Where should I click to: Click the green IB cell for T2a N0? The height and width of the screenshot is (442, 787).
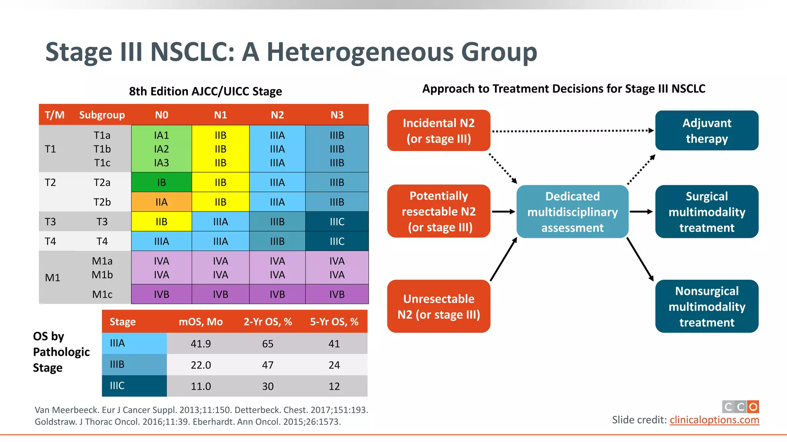(x=161, y=182)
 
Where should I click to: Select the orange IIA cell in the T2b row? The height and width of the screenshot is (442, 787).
(x=161, y=202)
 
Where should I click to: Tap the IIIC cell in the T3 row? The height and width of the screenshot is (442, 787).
(x=337, y=221)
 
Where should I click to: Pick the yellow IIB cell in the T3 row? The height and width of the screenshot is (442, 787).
(x=161, y=221)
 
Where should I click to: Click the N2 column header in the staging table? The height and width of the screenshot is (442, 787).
(x=277, y=115)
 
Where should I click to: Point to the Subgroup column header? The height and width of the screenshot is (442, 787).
(x=102, y=115)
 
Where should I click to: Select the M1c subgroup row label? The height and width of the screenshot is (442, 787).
(x=102, y=294)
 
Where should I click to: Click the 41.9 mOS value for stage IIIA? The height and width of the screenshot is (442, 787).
(x=201, y=343)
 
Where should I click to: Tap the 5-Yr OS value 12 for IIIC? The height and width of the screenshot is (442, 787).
(x=334, y=386)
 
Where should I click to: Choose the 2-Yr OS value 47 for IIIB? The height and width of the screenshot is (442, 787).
(x=267, y=365)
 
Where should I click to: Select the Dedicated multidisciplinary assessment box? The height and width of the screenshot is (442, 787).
(x=572, y=212)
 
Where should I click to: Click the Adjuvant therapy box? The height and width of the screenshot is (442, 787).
(x=706, y=130)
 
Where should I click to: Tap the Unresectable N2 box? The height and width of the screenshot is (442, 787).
(x=438, y=306)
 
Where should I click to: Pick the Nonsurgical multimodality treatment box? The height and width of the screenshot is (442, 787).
(x=706, y=306)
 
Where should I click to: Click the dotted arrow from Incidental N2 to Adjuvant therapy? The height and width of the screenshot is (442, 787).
(x=573, y=131)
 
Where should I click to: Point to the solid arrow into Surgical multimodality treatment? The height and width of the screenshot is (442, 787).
(x=641, y=211)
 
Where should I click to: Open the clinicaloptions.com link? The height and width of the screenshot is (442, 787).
(x=714, y=420)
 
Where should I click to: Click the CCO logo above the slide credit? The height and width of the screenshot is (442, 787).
(x=740, y=406)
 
